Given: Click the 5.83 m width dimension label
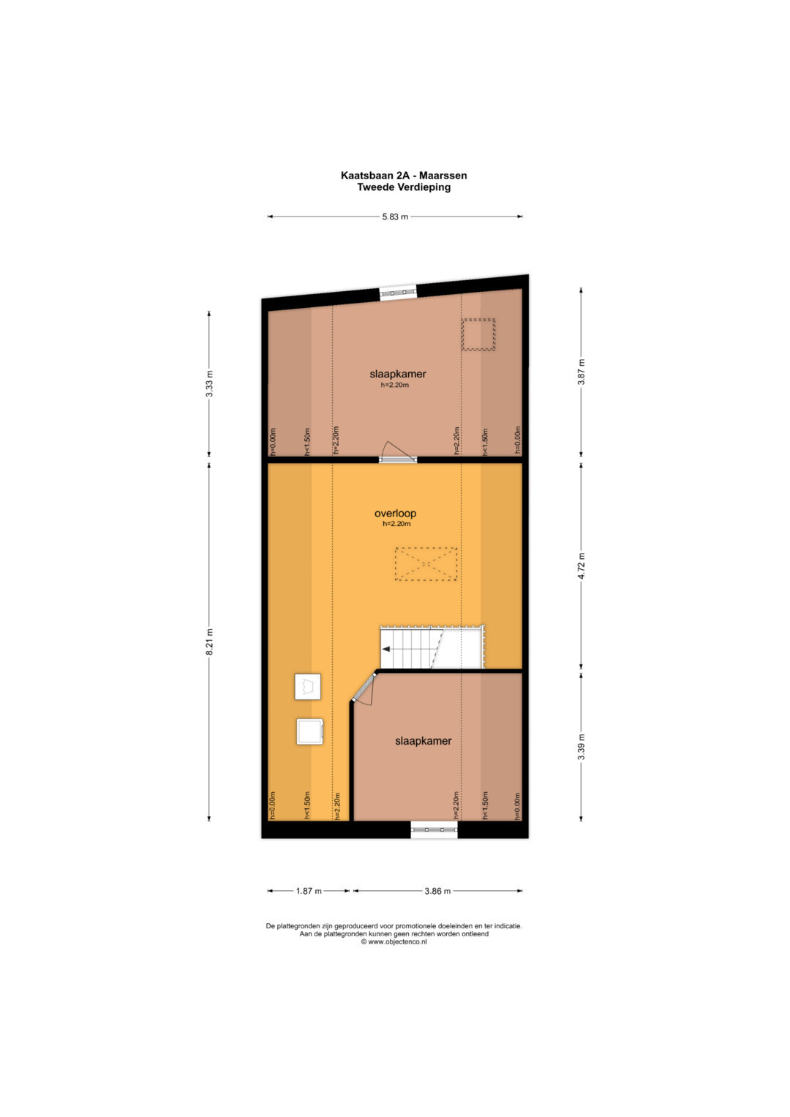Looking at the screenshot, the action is [x=395, y=217].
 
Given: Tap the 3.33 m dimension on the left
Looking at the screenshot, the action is [x=209, y=383].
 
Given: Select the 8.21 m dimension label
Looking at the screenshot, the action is [x=209, y=642].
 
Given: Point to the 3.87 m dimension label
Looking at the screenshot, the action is [x=581, y=372].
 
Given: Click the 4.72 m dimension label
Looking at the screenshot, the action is [x=581, y=566].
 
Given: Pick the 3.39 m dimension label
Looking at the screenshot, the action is [x=581, y=747].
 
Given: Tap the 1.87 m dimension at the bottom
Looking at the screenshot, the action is [x=309, y=891].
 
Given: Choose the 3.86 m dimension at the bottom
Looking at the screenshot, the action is [x=437, y=891].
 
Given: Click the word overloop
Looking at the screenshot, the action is [x=395, y=513].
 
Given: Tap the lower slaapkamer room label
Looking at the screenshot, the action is [x=423, y=741].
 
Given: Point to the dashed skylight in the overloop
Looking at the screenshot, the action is [x=426, y=564].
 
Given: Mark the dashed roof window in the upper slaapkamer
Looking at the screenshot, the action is [x=478, y=334].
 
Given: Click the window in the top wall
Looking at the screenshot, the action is [x=397, y=293].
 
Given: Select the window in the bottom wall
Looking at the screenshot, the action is [x=434, y=830].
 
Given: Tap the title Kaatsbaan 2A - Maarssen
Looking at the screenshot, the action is [x=404, y=176].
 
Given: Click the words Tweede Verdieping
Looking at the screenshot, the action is [x=404, y=187].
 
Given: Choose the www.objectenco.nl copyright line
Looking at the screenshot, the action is [x=394, y=942].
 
